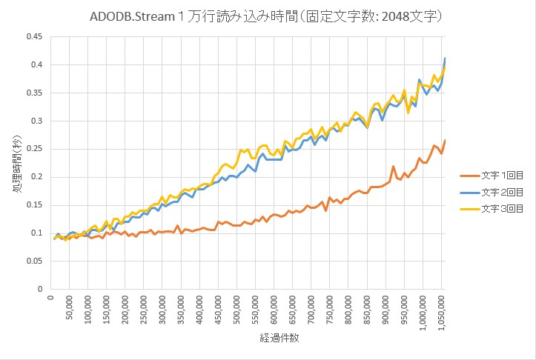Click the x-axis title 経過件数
tap(248, 337)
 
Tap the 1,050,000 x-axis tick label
tap(442, 313)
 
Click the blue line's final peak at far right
tap(445, 58)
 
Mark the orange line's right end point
tap(445, 141)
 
